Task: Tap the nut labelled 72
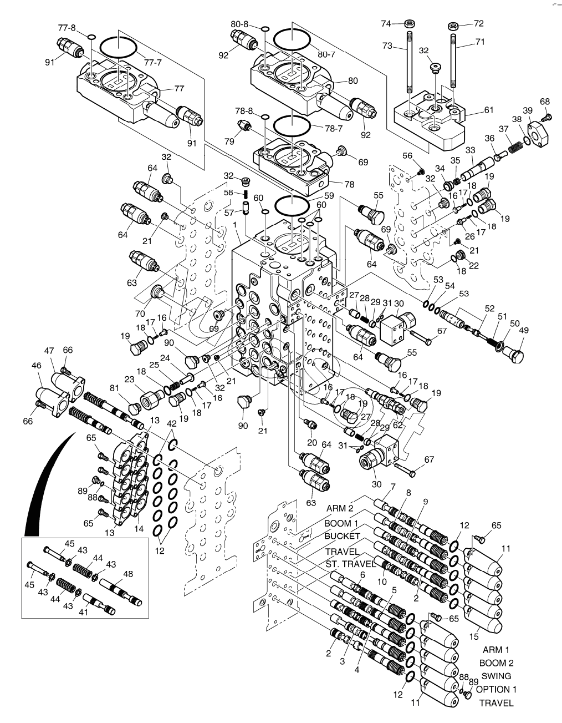(x=453, y=25)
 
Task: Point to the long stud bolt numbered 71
(x=454, y=61)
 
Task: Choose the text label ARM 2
(x=340, y=508)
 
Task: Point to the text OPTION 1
(x=496, y=690)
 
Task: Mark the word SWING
(x=496, y=676)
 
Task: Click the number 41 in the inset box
(x=84, y=613)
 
